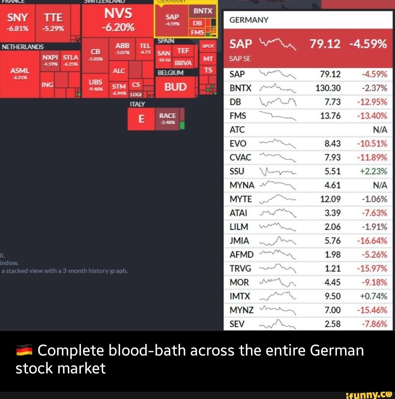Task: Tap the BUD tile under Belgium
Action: point(175,87)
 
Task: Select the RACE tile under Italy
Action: point(168,118)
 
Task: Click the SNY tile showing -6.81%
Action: point(18,22)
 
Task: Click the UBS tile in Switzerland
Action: point(95,85)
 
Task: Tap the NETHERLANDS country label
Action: point(23,47)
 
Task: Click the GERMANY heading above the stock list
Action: point(249,20)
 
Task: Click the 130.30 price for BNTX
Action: point(330,88)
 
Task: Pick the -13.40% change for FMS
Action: point(373,116)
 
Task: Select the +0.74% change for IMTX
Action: point(375,296)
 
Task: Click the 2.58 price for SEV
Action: point(332,324)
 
